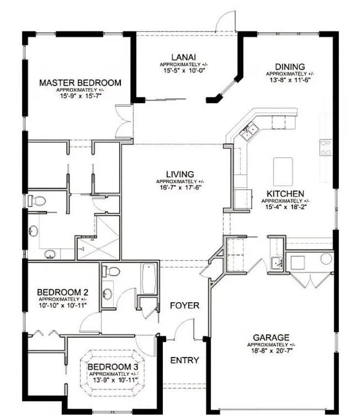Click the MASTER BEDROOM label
(80, 83)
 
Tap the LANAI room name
(184, 57)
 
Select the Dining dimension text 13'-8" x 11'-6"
(290, 80)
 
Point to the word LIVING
(180, 174)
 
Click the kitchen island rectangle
(283, 172)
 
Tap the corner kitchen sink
(249, 132)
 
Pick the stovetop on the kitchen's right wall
(326, 148)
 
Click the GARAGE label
(271, 338)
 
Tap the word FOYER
(185, 305)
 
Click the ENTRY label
(185, 360)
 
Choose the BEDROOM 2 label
(63, 292)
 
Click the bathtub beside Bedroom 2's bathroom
(149, 279)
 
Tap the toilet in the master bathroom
(37, 201)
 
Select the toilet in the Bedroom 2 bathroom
(111, 271)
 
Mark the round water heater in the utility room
(326, 259)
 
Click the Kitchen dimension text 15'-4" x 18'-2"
(286, 207)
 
